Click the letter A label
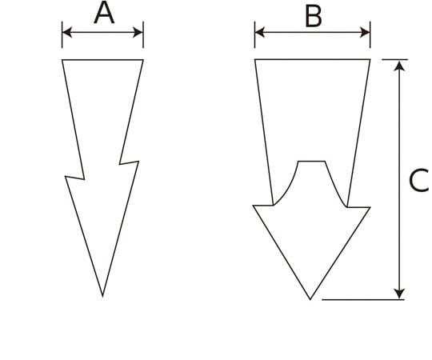click(104, 14)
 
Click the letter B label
click(314, 17)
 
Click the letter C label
click(418, 181)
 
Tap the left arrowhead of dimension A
click(67, 33)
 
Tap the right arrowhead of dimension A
click(138, 33)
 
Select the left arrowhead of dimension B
click(260, 32)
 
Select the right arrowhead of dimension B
click(365, 32)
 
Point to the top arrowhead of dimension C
click(399, 66)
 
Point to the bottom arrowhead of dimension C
click(399, 294)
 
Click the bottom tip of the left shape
click(102, 296)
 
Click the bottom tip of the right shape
click(310, 299)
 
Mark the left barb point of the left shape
click(66, 177)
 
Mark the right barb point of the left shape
click(138, 162)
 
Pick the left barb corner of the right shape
click(254, 206)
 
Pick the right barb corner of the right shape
click(370, 207)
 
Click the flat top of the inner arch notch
click(312, 162)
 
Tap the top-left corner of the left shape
click(62, 59)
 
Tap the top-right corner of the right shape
click(370, 59)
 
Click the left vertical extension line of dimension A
click(62, 34)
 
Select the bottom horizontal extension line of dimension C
click(363, 299)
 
